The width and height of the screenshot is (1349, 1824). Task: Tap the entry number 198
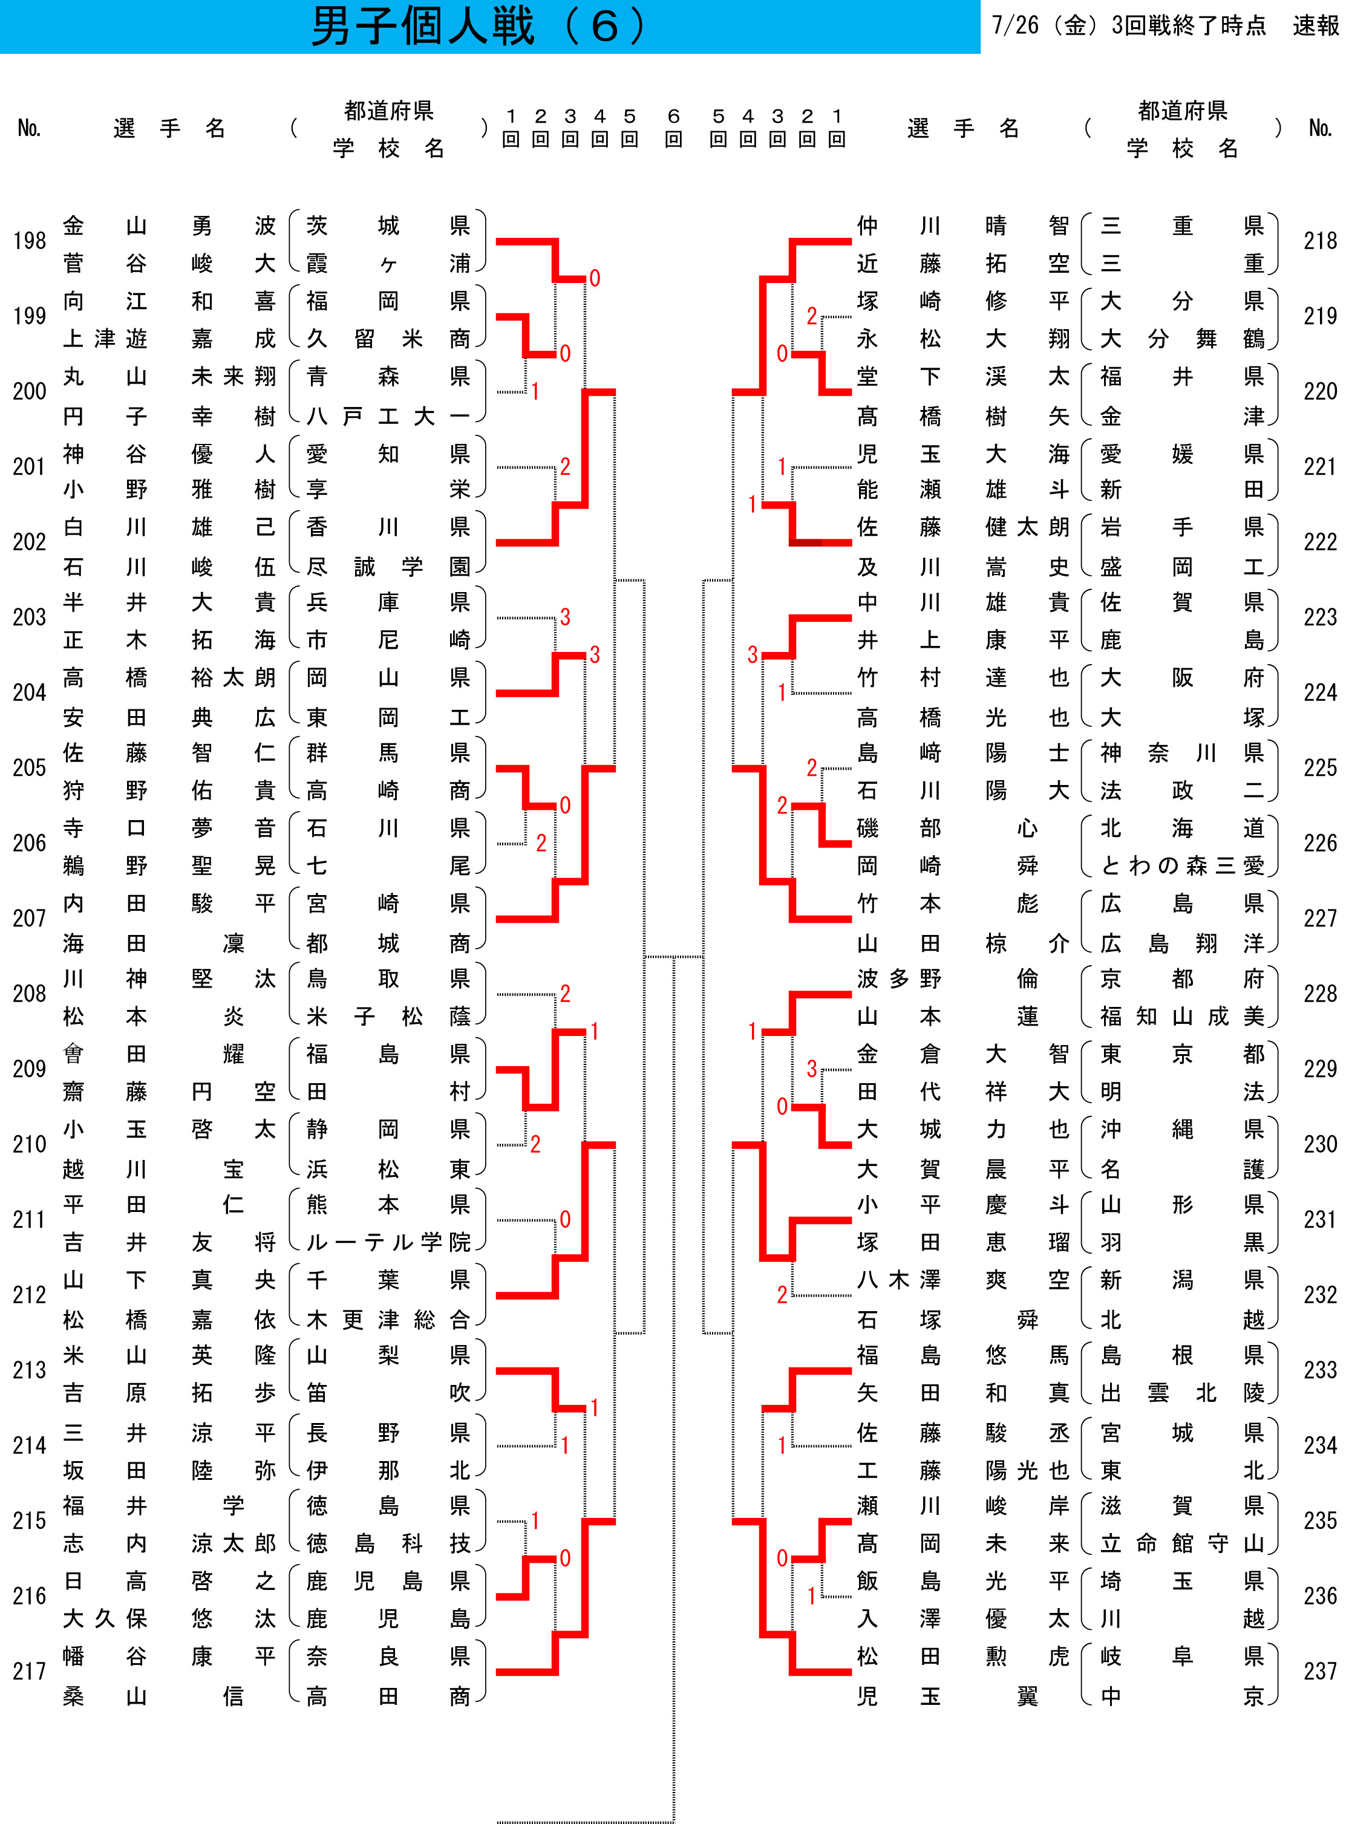click(30, 241)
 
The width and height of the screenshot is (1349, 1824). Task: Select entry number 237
click(1319, 1672)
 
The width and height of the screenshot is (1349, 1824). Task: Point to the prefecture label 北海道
click(1183, 828)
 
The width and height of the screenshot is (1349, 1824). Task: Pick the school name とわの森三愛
click(1183, 865)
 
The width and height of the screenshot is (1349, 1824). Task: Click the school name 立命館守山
click(1183, 1543)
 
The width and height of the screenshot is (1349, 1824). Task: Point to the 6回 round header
click(674, 128)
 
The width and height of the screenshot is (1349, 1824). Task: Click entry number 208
click(30, 994)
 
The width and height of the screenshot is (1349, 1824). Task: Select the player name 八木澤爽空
click(964, 1280)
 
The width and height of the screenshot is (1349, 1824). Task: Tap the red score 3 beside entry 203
click(565, 617)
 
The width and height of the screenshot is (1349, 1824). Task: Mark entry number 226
click(1319, 842)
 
